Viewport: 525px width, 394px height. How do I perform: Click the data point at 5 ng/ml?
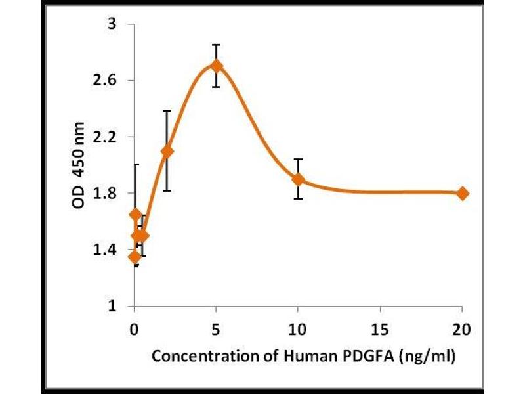[x=217, y=66]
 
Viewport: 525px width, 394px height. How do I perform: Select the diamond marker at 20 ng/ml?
[x=463, y=193]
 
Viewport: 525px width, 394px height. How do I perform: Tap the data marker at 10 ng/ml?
[x=299, y=179]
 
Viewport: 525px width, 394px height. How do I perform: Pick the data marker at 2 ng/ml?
[x=167, y=151]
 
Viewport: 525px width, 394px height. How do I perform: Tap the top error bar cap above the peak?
[x=217, y=45]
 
